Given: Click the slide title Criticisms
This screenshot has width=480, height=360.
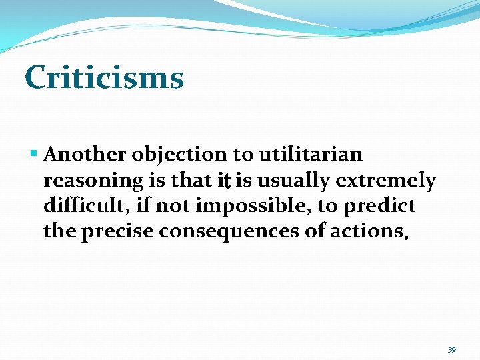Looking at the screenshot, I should [x=104, y=77].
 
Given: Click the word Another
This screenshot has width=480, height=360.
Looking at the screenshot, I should [x=85, y=155].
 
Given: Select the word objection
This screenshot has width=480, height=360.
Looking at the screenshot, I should [x=179, y=155].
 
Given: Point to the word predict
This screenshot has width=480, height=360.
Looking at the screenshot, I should [x=379, y=206].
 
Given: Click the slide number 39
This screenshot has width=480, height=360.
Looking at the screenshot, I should [x=451, y=349].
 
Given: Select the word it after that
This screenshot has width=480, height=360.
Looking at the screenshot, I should [x=225, y=181].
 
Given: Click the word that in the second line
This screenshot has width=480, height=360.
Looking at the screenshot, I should [x=193, y=181].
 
